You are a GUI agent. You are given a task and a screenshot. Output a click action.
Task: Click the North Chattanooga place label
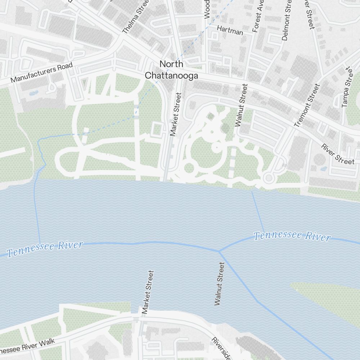171,69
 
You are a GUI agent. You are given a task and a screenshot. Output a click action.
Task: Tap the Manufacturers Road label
41,72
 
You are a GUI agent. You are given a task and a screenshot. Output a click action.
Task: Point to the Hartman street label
230,31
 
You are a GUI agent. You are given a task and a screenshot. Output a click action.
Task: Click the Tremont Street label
307,105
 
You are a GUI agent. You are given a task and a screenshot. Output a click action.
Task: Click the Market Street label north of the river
175,114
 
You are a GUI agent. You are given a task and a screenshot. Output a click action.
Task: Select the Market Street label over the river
148,292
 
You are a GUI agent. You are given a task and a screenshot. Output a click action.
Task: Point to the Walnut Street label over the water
219,284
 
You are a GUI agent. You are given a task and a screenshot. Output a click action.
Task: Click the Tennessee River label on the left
45,249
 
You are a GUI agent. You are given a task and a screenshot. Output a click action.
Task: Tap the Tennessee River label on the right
292,236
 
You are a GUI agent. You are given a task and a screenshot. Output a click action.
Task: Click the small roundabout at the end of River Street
268,177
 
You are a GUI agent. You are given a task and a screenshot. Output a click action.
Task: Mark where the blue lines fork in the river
219,251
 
